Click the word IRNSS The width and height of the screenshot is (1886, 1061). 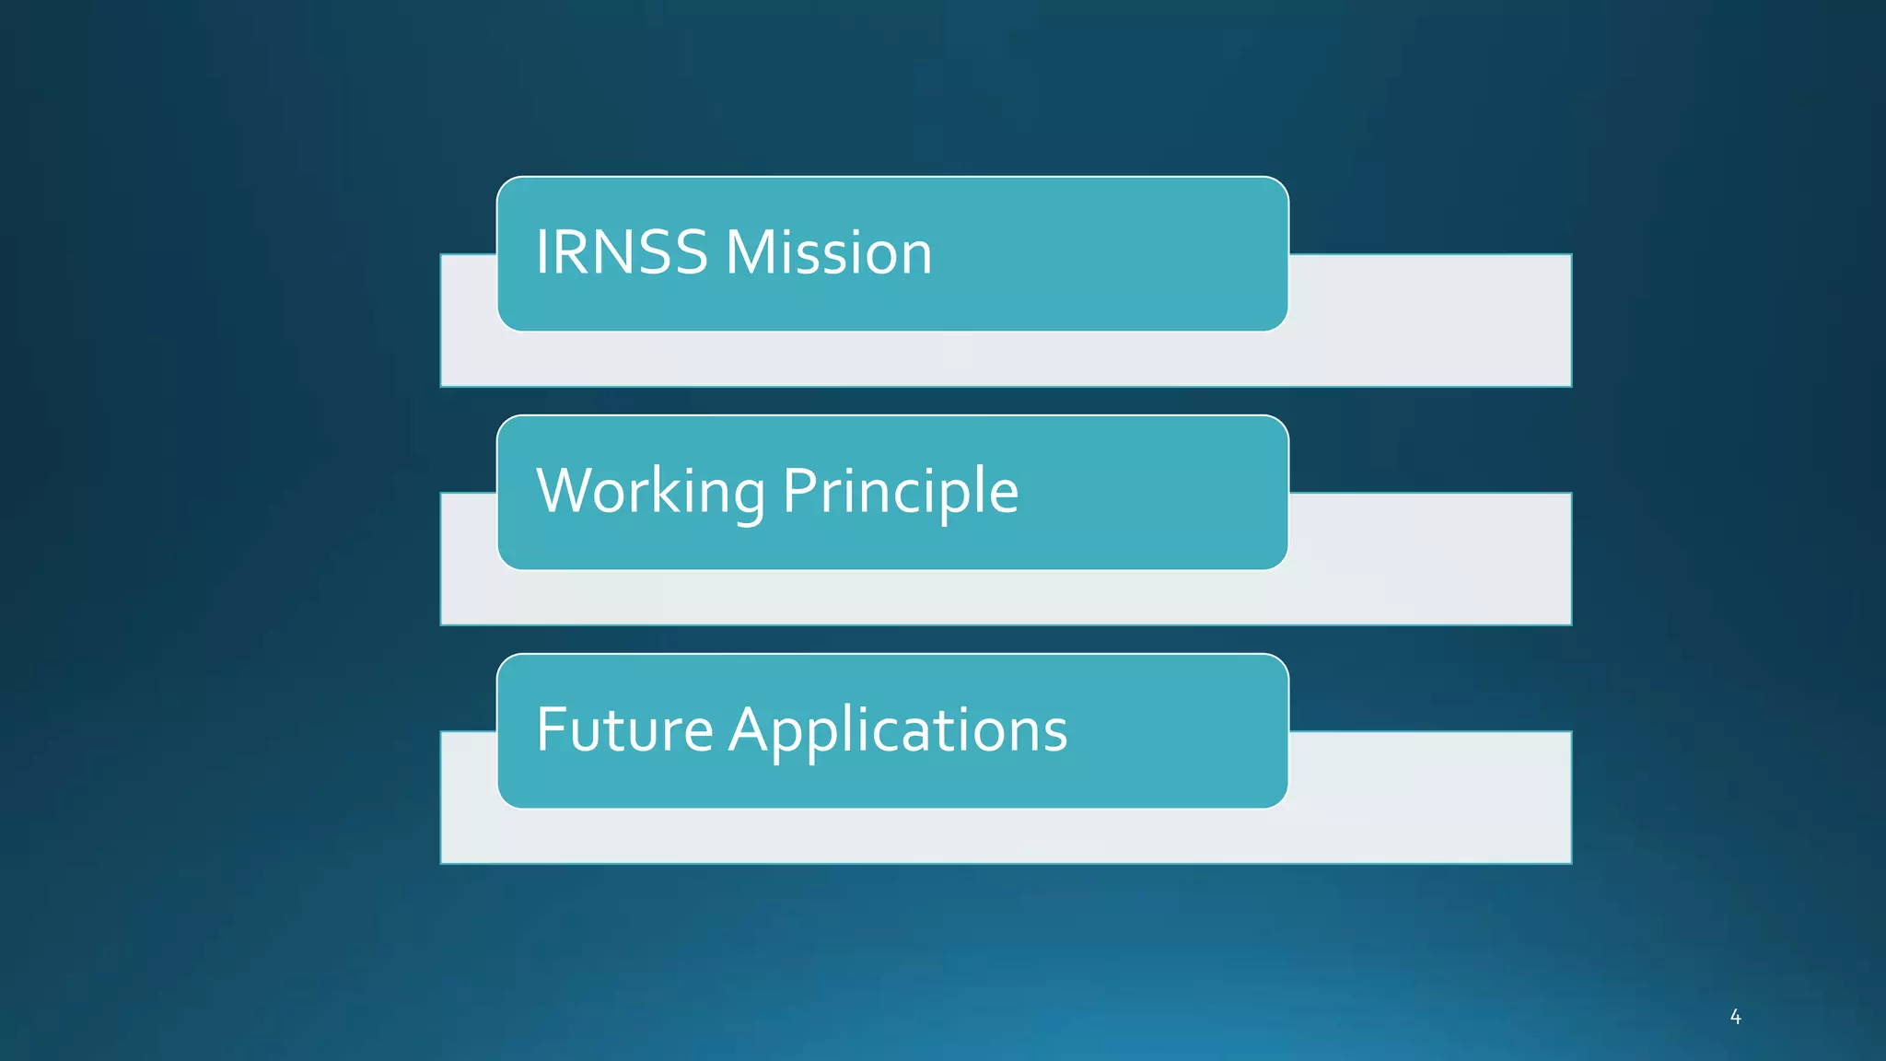[x=627, y=252]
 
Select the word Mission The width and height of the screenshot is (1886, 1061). [x=829, y=252]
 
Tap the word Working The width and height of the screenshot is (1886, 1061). [x=650, y=491]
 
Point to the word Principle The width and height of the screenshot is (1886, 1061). [x=901, y=491]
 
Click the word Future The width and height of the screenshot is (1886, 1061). [x=624, y=729]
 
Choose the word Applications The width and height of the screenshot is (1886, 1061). [x=898, y=729]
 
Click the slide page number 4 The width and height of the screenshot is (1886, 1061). [x=1735, y=1017]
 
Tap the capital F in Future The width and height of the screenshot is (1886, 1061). [x=551, y=729]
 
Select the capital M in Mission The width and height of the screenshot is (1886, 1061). [x=753, y=252]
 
